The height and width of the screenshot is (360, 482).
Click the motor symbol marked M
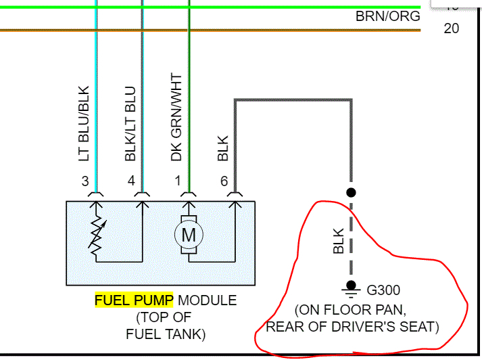(189, 235)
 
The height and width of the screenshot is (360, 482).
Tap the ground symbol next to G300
(351, 292)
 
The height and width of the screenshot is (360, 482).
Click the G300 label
(383, 291)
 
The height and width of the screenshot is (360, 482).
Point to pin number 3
(85, 181)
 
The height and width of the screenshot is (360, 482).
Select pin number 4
(131, 181)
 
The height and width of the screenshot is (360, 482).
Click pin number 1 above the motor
(178, 181)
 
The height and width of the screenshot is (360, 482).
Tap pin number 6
(224, 181)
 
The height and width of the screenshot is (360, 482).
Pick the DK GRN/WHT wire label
(176, 117)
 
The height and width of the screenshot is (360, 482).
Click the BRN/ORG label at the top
(387, 16)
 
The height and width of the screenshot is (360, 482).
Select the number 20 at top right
(451, 28)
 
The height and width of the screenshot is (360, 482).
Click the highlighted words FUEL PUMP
(134, 300)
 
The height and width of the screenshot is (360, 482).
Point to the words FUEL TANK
(166, 334)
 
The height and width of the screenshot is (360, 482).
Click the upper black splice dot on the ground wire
(351, 192)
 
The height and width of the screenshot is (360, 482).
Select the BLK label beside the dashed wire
(339, 241)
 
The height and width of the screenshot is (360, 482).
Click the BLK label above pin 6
(224, 149)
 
